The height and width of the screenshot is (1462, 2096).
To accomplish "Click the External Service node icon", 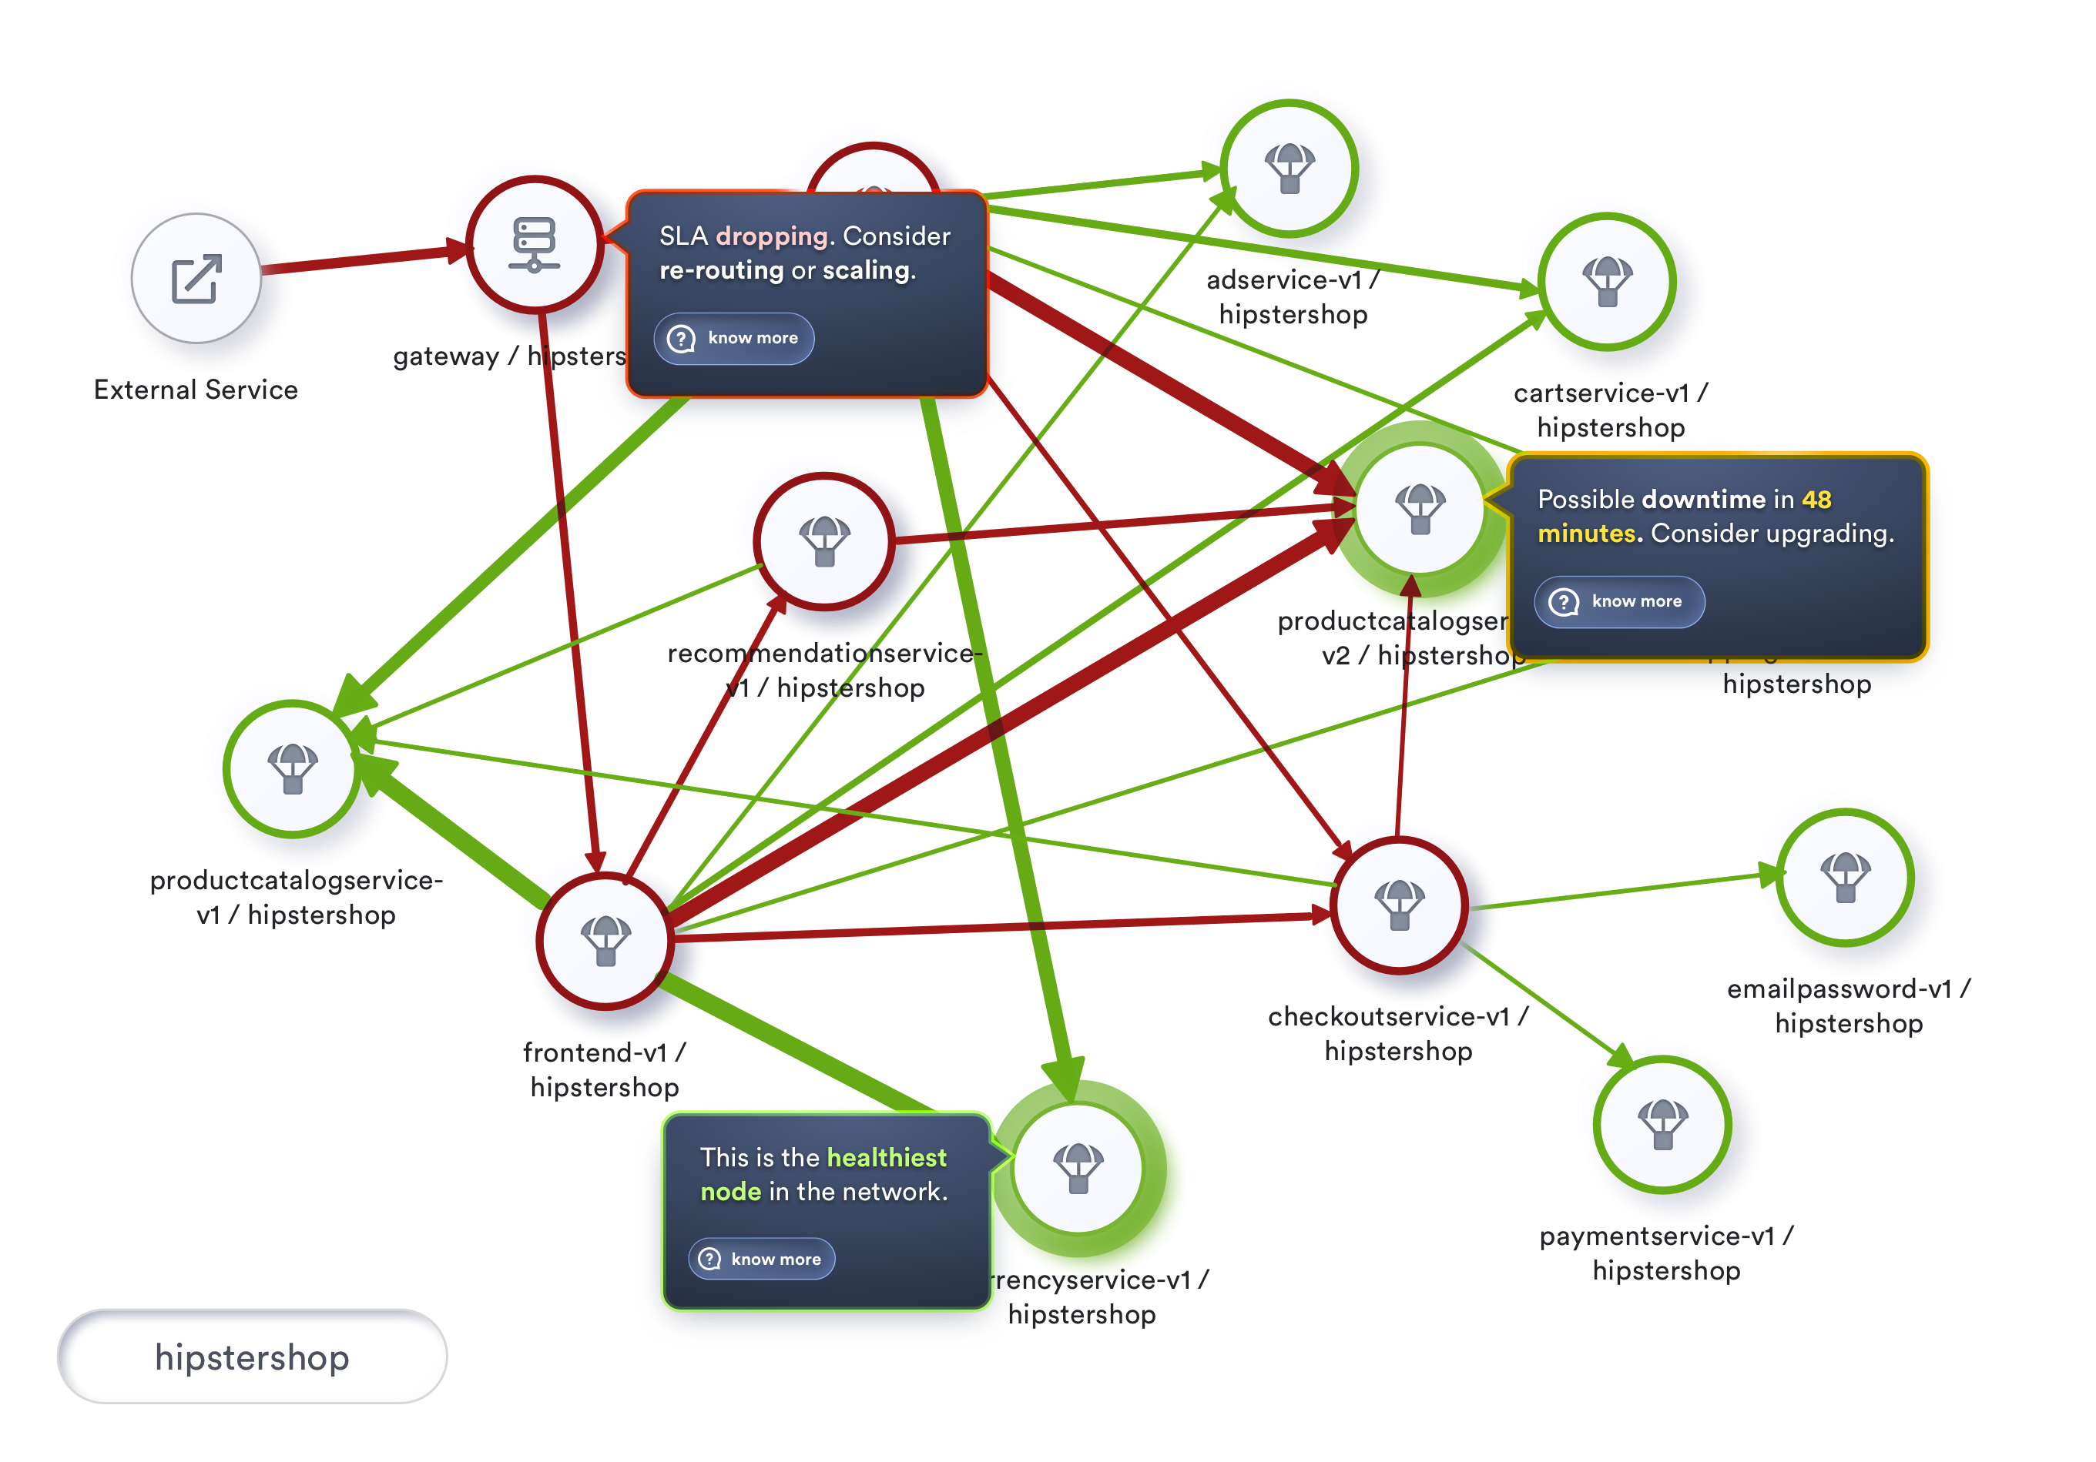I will click(x=196, y=279).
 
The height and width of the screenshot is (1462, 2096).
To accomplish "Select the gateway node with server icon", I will click(x=534, y=245).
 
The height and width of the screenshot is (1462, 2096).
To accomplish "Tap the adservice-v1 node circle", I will click(x=1289, y=169).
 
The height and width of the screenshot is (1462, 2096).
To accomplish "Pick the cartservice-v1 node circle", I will click(x=1607, y=281).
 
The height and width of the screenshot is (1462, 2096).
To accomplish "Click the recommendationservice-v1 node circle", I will click(x=824, y=541).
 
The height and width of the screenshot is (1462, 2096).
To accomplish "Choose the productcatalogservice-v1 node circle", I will click(x=292, y=768).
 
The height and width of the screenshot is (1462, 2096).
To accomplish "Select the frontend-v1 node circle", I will click(x=605, y=940).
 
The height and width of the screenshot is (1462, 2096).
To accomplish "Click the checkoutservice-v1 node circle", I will click(x=1399, y=905).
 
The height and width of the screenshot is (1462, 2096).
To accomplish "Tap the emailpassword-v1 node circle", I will click(x=1845, y=877).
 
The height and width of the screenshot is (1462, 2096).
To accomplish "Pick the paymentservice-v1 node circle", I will click(x=1662, y=1124).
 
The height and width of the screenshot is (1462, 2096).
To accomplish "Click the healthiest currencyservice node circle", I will click(x=1078, y=1168).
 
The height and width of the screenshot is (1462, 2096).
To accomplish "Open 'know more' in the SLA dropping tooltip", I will click(x=735, y=339).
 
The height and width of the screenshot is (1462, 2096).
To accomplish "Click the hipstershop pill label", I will click(x=252, y=1357).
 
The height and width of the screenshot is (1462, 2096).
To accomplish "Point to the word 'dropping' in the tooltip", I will click(x=771, y=236).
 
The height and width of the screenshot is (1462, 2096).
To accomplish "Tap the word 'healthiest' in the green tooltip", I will click(x=887, y=1157).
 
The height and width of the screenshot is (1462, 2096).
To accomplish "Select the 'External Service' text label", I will click(x=196, y=390).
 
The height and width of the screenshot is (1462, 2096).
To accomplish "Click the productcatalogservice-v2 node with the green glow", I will click(x=1420, y=509).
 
